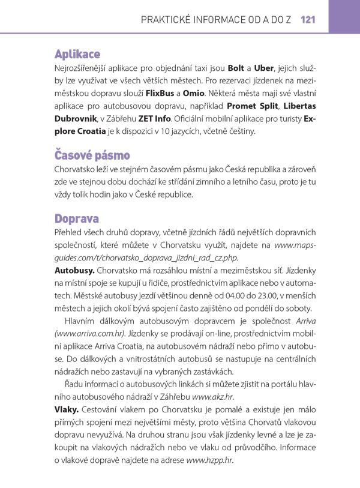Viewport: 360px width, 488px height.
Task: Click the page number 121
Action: pyautogui.click(x=308, y=20)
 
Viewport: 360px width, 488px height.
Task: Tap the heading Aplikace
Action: pyautogui.click(x=77, y=54)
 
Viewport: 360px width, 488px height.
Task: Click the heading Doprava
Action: pyautogui.click(x=76, y=217)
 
